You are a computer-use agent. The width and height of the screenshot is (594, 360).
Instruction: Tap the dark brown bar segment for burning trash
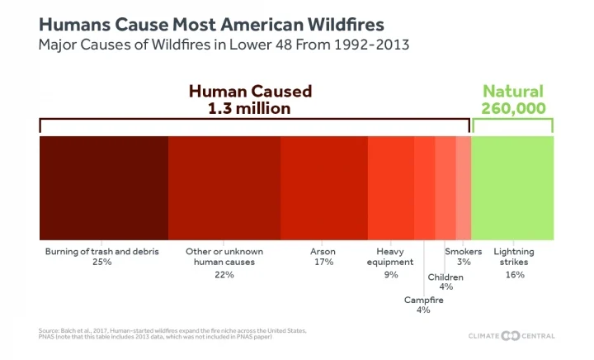click(103, 187)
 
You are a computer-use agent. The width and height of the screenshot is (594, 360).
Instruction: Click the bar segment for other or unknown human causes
click(224, 187)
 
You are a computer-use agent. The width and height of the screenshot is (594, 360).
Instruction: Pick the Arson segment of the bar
click(323, 187)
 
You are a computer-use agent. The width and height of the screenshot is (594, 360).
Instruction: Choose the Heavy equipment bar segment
click(390, 187)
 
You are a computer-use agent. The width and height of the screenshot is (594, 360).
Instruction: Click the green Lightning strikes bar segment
click(511, 187)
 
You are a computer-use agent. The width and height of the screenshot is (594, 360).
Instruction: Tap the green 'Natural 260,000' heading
click(512, 99)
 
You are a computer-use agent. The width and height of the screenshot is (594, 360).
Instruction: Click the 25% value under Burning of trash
click(102, 262)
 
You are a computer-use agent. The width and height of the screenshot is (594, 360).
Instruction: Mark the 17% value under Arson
click(323, 262)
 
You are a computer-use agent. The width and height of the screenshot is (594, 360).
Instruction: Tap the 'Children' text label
click(445, 277)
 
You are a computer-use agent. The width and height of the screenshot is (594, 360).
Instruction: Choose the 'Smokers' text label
click(464, 250)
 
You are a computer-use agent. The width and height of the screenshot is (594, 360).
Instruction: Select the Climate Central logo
click(512, 335)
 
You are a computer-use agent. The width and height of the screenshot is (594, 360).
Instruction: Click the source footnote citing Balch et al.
click(173, 334)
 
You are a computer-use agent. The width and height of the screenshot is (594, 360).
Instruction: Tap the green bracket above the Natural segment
click(512, 120)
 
